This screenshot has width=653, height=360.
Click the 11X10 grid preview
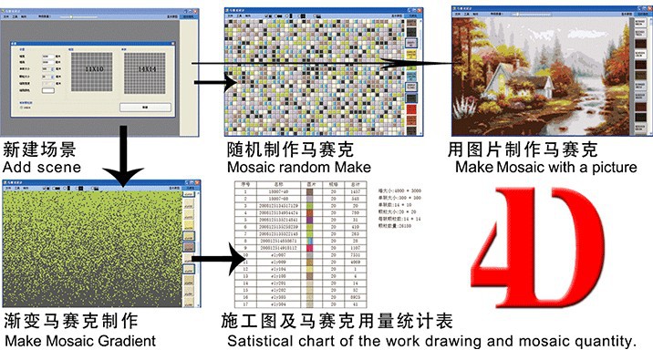click(x=96, y=67)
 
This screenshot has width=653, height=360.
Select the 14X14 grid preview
click(x=146, y=67)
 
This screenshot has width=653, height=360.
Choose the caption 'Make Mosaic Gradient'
click(x=79, y=341)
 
